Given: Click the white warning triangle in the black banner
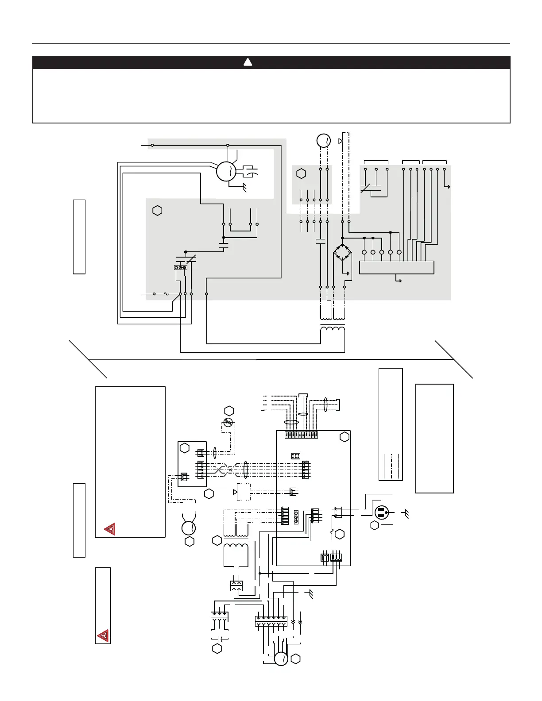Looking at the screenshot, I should click(x=248, y=62).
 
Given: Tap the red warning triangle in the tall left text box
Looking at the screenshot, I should click(x=109, y=529).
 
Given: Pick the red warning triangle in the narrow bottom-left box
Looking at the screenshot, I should click(x=103, y=636).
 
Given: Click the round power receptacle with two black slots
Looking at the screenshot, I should click(x=382, y=512).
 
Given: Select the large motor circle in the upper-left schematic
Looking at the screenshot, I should click(x=227, y=171).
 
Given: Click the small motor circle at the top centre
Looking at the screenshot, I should click(x=324, y=141).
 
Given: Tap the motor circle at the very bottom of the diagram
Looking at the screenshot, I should click(x=281, y=659).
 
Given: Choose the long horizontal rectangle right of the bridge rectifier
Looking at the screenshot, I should click(x=396, y=267).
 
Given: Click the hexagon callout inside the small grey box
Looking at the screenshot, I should click(x=301, y=173).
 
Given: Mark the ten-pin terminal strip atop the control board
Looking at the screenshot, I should click(x=302, y=435).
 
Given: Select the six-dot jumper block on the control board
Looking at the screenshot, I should click(x=296, y=455).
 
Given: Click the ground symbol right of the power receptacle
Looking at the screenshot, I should click(x=406, y=513).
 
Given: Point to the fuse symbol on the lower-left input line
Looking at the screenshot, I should click(x=166, y=294).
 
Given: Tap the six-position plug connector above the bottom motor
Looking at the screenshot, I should click(x=271, y=621).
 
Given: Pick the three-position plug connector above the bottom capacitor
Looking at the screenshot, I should click(x=219, y=616).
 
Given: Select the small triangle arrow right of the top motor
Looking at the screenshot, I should click(x=340, y=141).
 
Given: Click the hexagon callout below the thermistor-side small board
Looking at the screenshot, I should click(x=209, y=493).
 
